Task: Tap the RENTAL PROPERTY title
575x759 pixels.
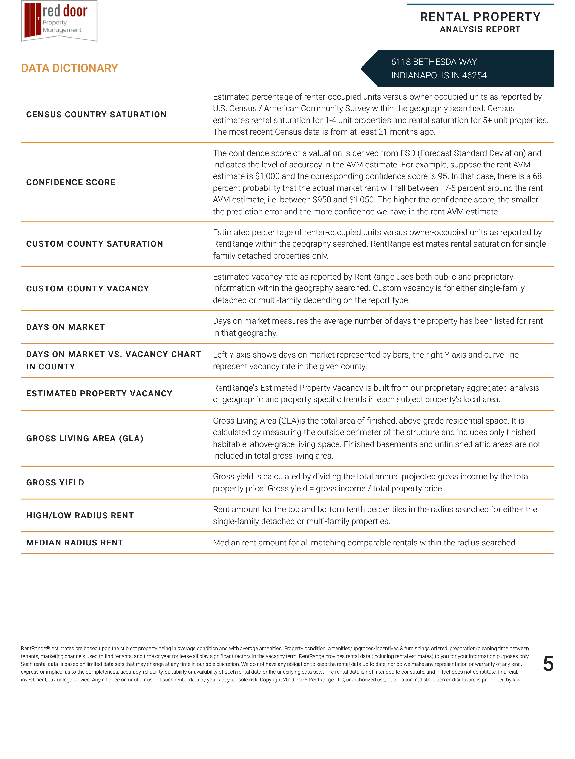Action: pyautogui.click(x=480, y=17)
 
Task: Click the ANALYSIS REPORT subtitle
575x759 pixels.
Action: pyautogui.click(x=480, y=29)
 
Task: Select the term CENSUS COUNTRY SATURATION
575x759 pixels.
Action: pyautogui.click(x=96, y=115)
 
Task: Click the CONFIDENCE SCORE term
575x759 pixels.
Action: pyautogui.click(x=71, y=182)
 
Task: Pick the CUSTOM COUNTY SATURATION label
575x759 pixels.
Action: pyautogui.click(x=95, y=244)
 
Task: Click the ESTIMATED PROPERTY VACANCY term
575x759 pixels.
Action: pyautogui.click(x=99, y=394)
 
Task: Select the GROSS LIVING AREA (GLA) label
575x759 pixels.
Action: pyautogui.click(x=85, y=439)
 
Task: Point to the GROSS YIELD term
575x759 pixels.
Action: pyautogui.click(x=55, y=483)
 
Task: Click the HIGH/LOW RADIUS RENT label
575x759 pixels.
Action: pyautogui.click(x=80, y=516)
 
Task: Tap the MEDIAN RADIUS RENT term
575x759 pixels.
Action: pyautogui.click(x=75, y=543)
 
